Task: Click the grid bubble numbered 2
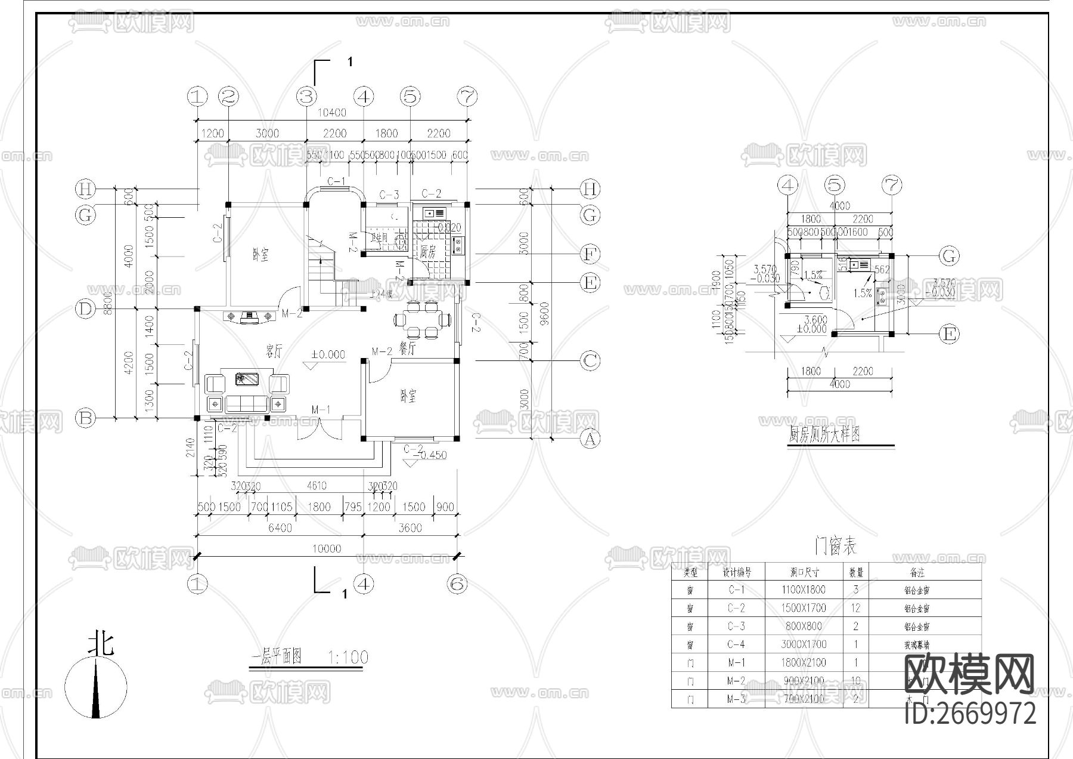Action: (228, 96)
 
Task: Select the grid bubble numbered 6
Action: (457, 584)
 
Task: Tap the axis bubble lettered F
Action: (590, 254)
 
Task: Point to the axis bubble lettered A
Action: (590, 439)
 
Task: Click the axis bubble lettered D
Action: (85, 309)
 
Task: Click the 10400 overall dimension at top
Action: (332, 112)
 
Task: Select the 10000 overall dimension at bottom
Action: (327, 548)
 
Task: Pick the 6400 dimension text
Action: (280, 527)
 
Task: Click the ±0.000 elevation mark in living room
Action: (328, 354)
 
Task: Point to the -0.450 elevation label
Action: (433, 455)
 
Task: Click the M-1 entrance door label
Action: (321, 409)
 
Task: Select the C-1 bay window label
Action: (337, 181)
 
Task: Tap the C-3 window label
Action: (389, 195)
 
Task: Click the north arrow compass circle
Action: (96, 687)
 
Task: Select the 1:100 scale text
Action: (348, 658)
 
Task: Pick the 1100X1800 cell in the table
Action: (803, 590)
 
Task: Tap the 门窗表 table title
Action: (835, 547)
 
